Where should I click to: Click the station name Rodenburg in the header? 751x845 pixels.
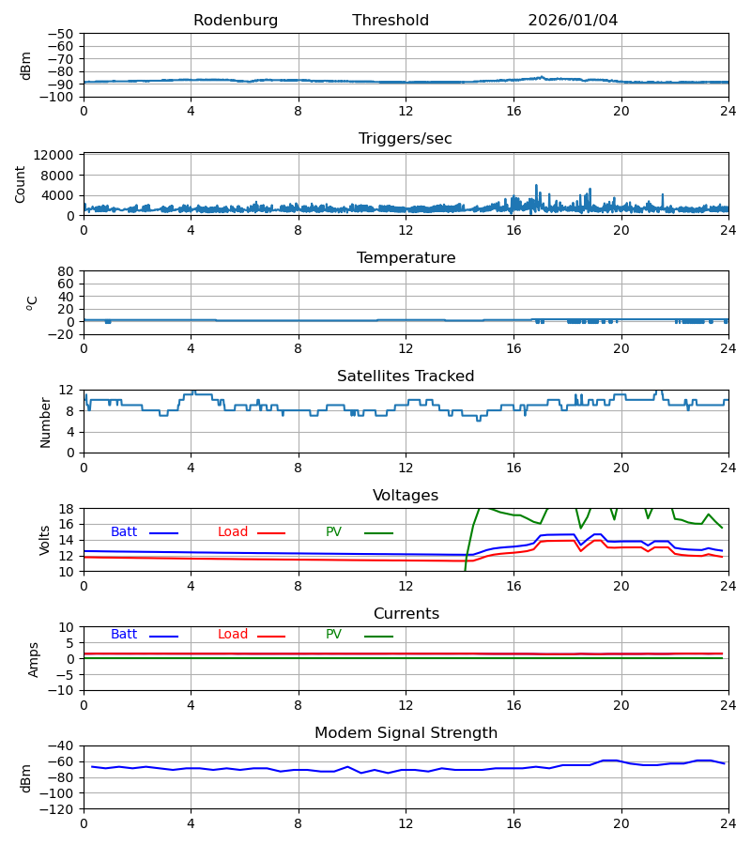pyautogui.click(x=236, y=21)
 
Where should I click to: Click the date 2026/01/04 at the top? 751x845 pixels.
pyautogui.click(x=573, y=21)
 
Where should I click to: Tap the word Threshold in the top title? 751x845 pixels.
pyautogui.click(x=391, y=21)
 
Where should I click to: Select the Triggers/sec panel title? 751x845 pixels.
pyautogui.click(x=406, y=139)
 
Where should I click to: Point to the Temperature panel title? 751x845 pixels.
pyautogui.click(x=406, y=258)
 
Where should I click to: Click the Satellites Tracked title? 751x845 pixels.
pyautogui.click(x=406, y=376)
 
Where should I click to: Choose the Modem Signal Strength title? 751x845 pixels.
pyautogui.click(x=406, y=733)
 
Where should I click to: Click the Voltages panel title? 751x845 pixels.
pyautogui.click(x=406, y=496)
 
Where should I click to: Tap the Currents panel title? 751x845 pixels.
pyautogui.click(x=406, y=614)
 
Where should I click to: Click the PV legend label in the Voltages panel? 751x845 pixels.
pyautogui.click(x=333, y=532)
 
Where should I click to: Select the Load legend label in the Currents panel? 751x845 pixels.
pyautogui.click(x=233, y=635)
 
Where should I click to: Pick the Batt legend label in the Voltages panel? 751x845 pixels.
pyautogui.click(x=124, y=532)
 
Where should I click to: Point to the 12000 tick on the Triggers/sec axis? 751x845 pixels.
pyautogui.click(x=58, y=155)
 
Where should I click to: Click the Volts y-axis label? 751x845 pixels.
pyautogui.click(x=45, y=540)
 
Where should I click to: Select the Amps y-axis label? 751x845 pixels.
pyautogui.click(x=35, y=659)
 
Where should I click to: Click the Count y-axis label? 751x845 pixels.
pyautogui.click(x=21, y=184)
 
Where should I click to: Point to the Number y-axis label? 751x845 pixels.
pyautogui.click(x=45, y=422)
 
